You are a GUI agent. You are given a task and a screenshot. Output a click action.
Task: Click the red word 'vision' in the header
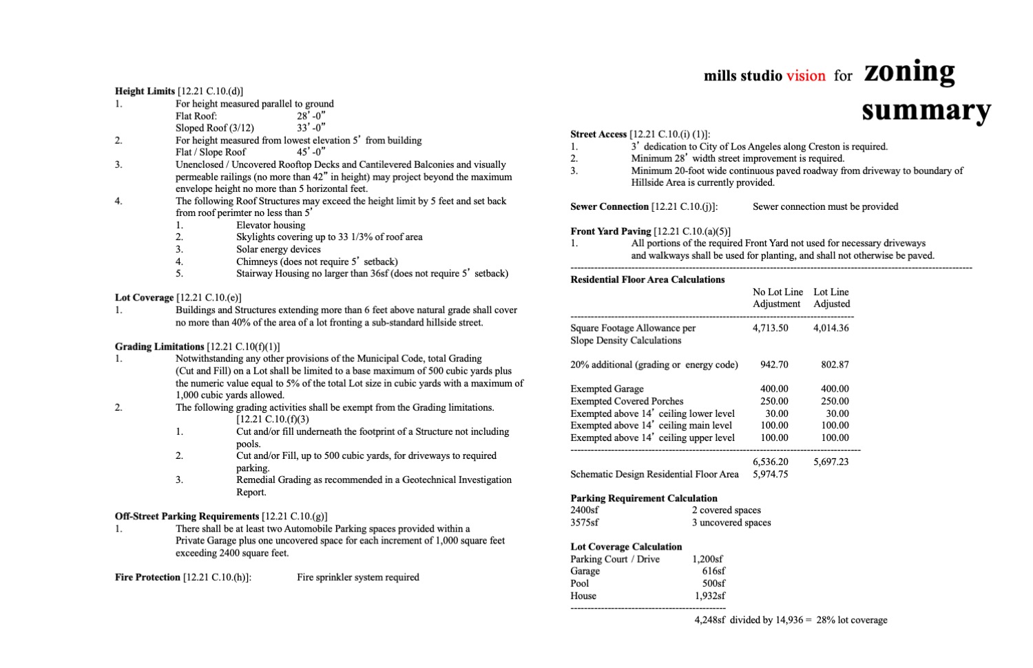pos(806,76)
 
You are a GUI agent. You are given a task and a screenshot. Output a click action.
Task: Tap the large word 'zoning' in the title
pos(909,72)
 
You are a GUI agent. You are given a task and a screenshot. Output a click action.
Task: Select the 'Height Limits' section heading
pos(145,91)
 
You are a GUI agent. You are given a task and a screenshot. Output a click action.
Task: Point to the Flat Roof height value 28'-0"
pos(311,116)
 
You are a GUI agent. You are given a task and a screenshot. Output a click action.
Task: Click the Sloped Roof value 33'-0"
pos(311,128)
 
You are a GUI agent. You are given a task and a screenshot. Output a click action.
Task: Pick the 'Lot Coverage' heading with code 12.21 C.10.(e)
pos(145,298)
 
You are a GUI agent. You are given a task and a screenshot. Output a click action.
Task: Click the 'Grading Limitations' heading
pos(160,347)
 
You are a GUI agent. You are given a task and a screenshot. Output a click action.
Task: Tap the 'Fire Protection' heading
pos(147,577)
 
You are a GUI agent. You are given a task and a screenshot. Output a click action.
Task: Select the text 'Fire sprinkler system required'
pos(358,577)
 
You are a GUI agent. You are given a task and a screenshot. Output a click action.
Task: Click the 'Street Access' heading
pos(598,134)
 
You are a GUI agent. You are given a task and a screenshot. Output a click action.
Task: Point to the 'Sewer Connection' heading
pos(609,206)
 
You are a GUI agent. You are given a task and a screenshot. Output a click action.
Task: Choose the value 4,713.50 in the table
pos(771,328)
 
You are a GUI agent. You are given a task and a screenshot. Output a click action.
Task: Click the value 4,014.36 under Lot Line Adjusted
pos(831,328)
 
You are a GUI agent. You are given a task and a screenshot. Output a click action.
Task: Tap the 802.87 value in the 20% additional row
pos(835,365)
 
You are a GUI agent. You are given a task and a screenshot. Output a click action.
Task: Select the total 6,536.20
pos(771,462)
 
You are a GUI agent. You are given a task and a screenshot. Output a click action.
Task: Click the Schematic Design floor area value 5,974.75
pos(771,474)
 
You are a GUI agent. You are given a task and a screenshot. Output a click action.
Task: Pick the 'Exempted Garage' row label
pos(607,389)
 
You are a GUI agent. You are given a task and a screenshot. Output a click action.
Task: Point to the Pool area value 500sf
pos(713,583)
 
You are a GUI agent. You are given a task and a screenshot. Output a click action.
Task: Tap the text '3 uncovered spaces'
pos(731,522)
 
